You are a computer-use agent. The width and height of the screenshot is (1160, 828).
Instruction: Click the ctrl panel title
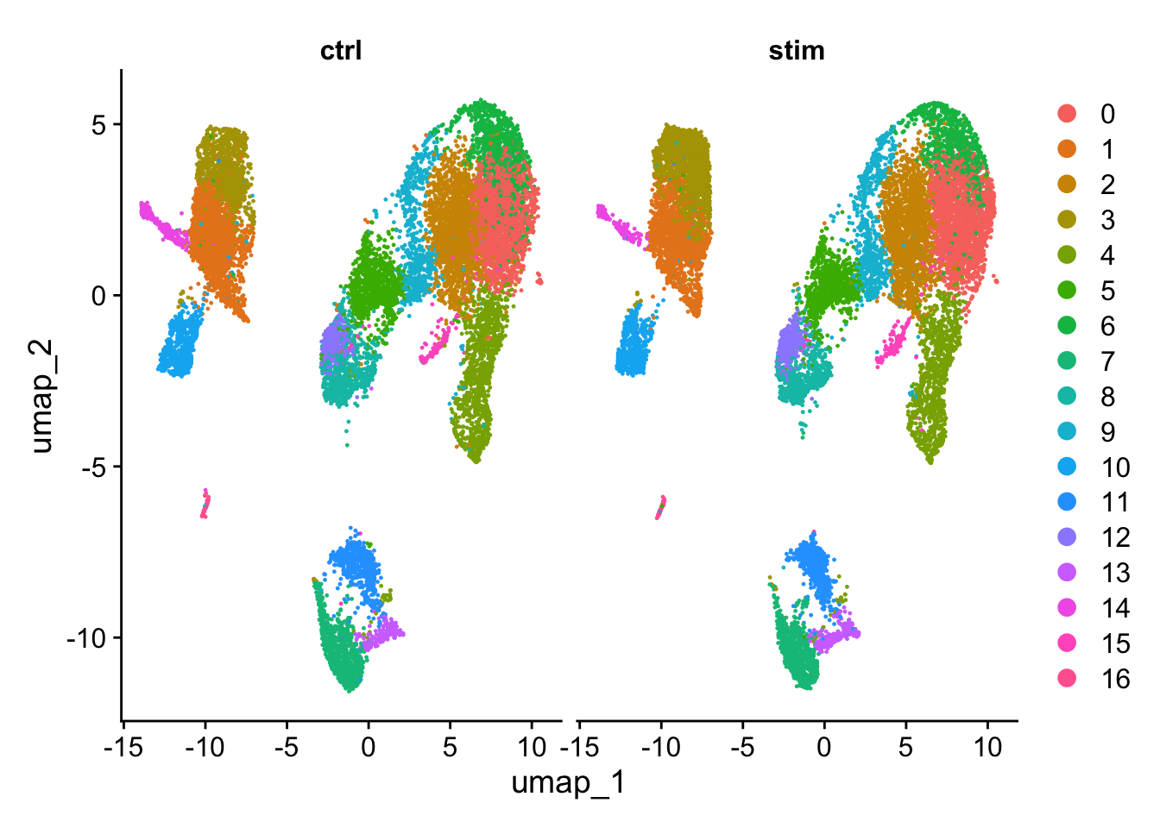341,51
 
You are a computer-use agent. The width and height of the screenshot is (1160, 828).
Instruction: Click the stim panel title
797,51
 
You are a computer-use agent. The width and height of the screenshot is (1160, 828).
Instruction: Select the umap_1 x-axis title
568,783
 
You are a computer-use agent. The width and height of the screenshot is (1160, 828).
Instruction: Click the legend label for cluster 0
1107,114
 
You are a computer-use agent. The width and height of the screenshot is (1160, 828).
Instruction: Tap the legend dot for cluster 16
1068,679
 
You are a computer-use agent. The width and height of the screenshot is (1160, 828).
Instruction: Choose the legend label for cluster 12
1115,537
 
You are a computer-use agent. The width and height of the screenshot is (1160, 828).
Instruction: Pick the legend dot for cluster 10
1068,467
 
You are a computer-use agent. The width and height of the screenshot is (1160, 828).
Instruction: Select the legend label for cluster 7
1107,361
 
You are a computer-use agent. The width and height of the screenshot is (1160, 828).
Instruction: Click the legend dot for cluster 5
1068,291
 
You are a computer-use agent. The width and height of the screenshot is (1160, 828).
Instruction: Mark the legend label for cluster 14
1115,608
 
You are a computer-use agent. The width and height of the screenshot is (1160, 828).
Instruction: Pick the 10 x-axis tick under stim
987,746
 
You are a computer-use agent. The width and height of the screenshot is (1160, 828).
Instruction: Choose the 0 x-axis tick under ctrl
369,746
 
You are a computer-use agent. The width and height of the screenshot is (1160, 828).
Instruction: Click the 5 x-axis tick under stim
905,746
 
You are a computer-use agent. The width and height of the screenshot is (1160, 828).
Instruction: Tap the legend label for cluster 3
1107,220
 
